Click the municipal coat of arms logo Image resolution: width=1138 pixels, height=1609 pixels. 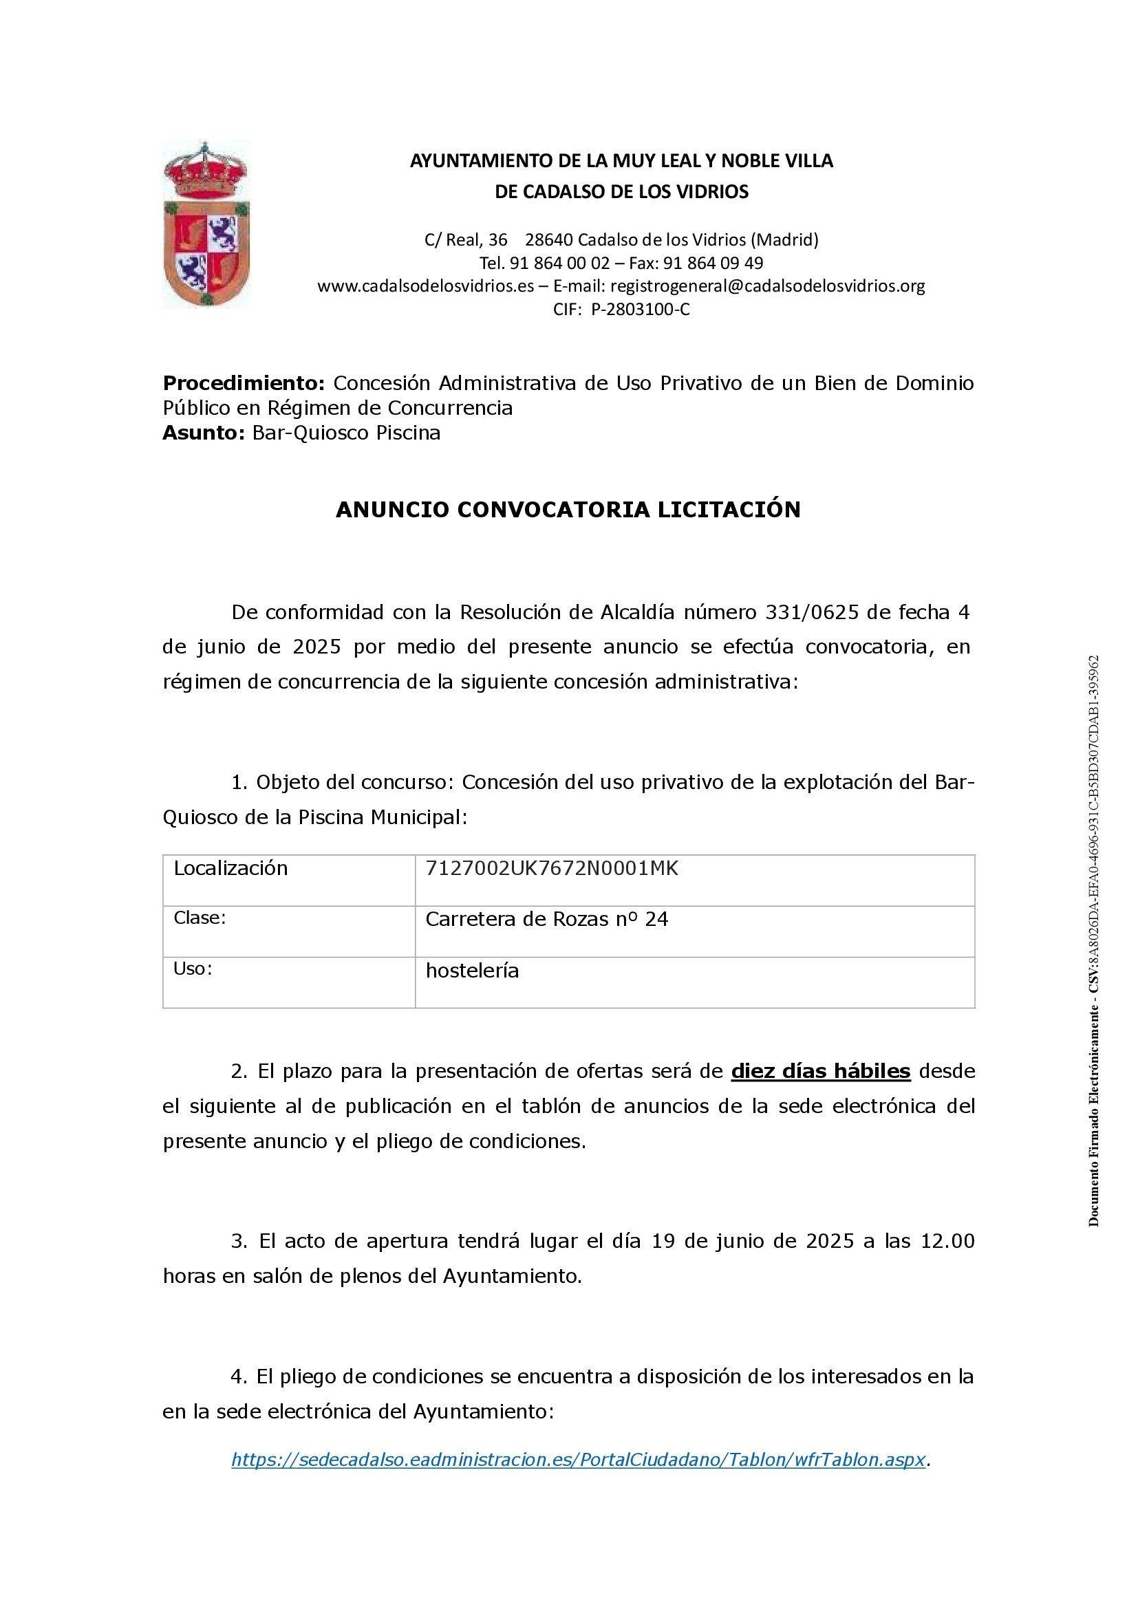coord(206,226)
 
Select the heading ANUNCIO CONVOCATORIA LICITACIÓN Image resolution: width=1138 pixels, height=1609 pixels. coord(568,510)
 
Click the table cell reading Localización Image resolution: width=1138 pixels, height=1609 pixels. coord(230,868)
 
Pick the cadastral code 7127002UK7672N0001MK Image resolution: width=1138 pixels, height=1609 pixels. coord(552,868)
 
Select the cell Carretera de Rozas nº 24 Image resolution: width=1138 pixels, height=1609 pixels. coord(546,919)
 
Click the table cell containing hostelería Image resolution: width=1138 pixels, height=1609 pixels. coord(472,971)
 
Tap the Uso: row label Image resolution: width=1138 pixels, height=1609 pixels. coord(193,969)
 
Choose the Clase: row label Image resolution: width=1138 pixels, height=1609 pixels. coord(200,918)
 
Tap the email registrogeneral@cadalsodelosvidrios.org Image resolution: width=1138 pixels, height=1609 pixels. coord(767,286)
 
